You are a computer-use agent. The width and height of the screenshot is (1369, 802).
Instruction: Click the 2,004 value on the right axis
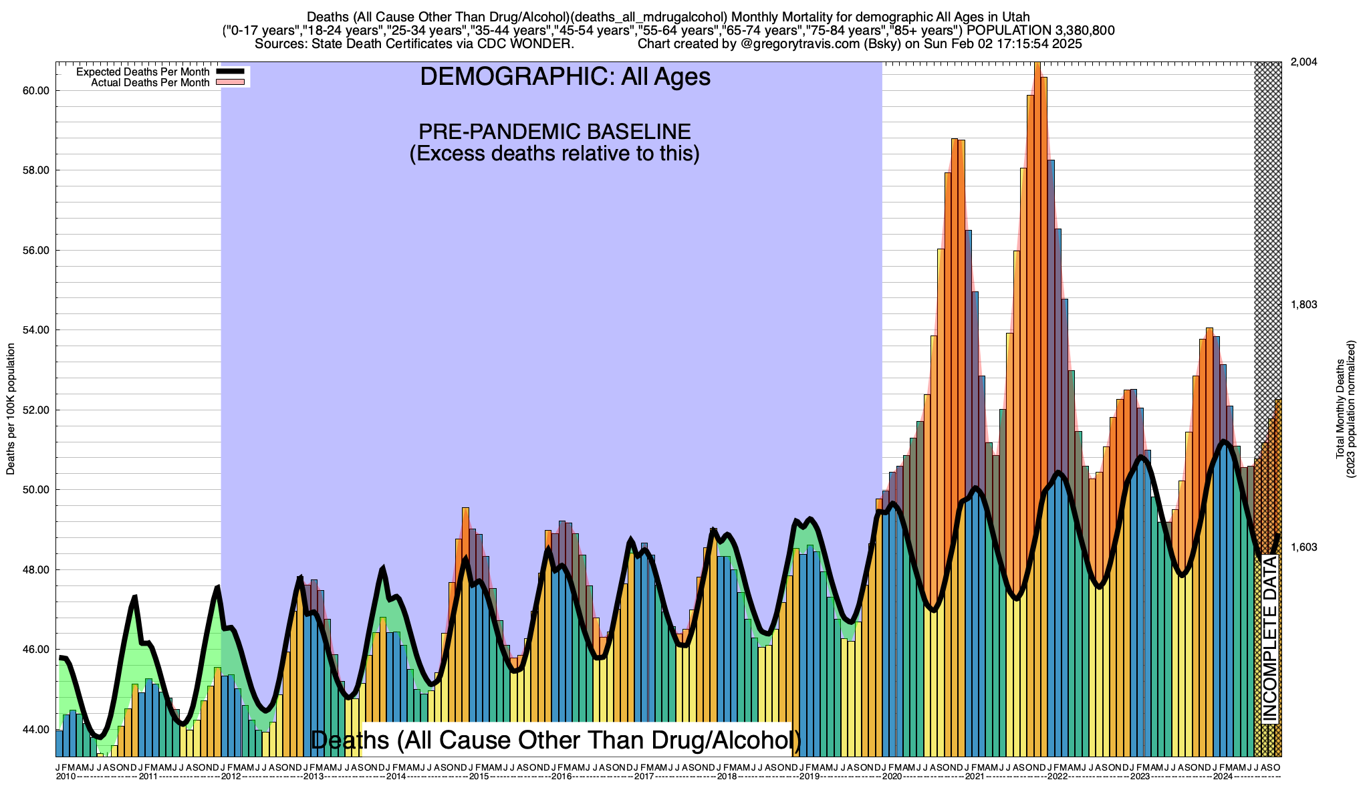click(1303, 62)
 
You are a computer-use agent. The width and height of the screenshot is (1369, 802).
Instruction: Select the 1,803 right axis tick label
click(1303, 305)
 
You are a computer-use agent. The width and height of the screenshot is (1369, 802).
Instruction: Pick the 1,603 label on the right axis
click(1303, 547)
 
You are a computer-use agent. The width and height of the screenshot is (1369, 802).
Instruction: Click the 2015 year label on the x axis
click(479, 777)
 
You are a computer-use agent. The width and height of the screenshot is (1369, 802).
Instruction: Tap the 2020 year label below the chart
click(892, 777)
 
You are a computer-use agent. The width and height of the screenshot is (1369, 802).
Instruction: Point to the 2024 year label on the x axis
click(1223, 777)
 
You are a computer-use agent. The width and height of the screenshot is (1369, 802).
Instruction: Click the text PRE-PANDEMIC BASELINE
click(554, 131)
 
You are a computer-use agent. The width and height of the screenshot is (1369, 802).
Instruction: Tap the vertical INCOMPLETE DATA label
click(1269, 638)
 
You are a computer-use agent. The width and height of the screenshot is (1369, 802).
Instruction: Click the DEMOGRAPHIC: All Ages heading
click(565, 77)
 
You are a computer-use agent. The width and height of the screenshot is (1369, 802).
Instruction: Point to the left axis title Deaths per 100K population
click(11, 409)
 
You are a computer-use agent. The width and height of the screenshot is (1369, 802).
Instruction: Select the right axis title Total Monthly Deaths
click(1340, 409)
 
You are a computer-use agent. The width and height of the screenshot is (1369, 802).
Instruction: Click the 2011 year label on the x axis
click(148, 777)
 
